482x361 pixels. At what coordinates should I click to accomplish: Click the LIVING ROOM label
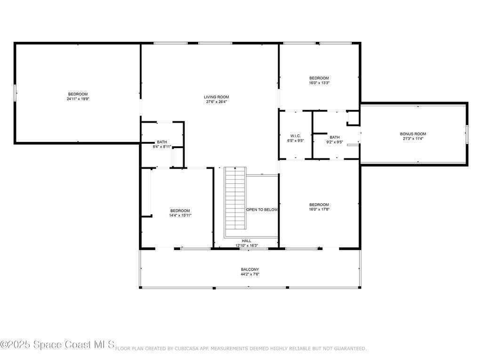coord(216,97)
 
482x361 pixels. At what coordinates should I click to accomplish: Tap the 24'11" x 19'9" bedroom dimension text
coord(78,99)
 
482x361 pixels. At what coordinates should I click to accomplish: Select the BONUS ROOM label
coord(413,134)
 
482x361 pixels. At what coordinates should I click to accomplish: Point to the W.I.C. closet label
coord(295,135)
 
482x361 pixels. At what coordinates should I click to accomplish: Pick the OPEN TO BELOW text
coord(262,210)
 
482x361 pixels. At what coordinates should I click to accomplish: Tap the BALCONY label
coord(250,269)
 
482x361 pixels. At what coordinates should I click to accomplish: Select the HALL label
coord(247,241)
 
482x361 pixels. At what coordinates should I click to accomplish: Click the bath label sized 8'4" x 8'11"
coord(162,142)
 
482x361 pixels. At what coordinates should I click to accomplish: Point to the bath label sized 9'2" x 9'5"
coord(335,137)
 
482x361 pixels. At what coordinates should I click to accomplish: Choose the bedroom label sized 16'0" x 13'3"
coord(319,78)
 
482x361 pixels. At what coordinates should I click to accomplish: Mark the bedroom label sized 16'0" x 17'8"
coord(319,204)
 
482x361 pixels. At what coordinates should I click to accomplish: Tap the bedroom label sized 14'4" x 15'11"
coord(180,211)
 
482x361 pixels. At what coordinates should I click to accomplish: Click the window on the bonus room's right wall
coord(467,134)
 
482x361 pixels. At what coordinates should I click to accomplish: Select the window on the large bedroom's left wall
coord(15,93)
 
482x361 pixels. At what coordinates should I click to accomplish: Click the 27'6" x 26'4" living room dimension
coord(216,102)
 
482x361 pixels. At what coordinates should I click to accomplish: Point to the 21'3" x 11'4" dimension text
coord(413,139)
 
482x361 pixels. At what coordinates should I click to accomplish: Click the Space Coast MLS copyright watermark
coord(57,345)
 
